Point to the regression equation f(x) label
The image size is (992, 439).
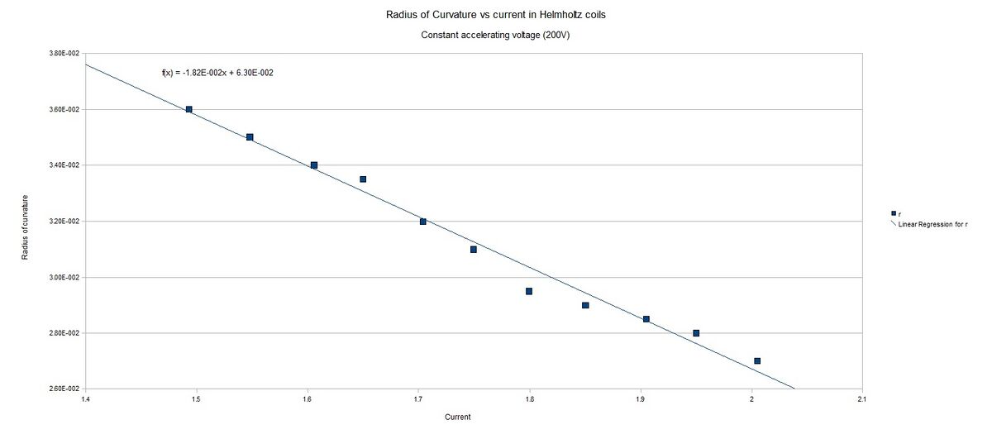[x=217, y=73]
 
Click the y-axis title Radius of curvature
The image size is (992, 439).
[x=26, y=227]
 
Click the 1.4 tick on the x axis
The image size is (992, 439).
[x=85, y=398]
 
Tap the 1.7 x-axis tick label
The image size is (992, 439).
[x=418, y=398]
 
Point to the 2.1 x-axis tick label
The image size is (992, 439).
[x=862, y=398]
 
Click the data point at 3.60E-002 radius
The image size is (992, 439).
[x=188, y=109]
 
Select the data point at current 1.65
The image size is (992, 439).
[x=363, y=179]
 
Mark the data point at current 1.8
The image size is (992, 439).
[x=529, y=291]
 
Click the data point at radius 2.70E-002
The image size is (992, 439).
[x=757, y=361]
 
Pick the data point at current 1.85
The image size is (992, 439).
[x=585, y=305]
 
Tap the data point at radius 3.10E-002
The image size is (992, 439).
[x=474, y=250]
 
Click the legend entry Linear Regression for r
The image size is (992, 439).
[x=932, y=224]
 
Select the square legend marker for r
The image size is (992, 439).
[x=893, y=213]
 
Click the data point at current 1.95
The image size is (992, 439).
[x=696, y=333]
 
